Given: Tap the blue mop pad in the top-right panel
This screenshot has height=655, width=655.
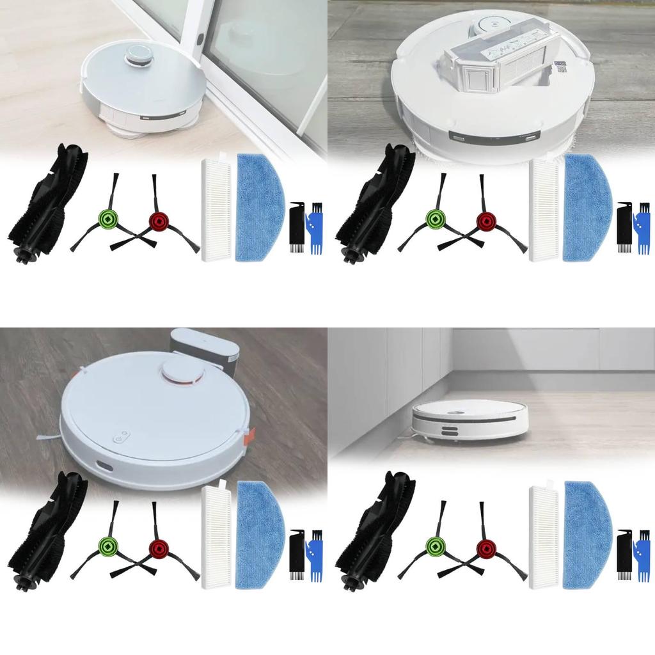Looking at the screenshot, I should click(587, 208).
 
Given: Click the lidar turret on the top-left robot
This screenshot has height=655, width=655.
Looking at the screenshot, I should click(139, 56).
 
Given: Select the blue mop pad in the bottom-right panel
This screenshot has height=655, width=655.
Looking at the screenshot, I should click(587, 536).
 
